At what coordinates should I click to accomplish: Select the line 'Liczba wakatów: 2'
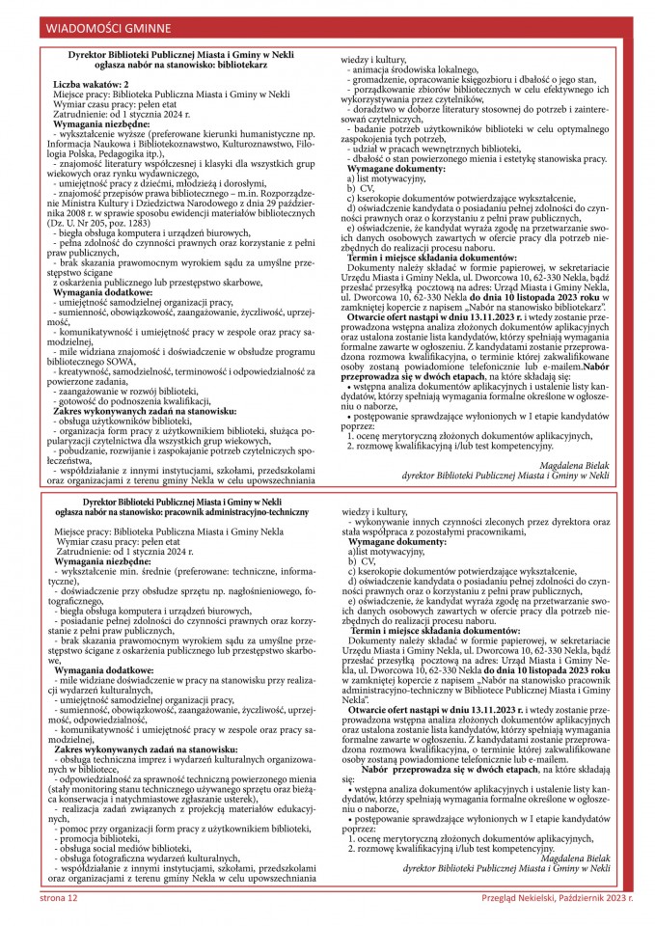click(94, 85)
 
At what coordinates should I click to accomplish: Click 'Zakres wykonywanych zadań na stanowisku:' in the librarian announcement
click(146, 409)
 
